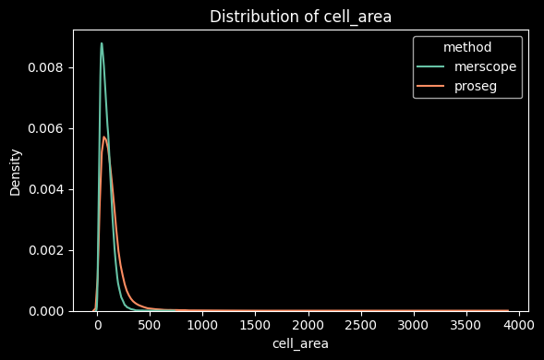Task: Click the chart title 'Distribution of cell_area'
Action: pos(300,17)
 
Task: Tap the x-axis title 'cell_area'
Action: pos(300,343)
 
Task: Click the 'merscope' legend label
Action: pos(485,67)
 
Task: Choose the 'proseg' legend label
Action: pos(476,86)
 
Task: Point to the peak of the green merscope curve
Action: pos(102,43)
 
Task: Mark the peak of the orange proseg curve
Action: pos(104,138)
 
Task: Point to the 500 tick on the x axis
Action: pos(150,326)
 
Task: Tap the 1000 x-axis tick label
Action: pos(202,326)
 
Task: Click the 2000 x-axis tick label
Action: pos(308,326)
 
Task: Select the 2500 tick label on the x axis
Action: pos(360,326)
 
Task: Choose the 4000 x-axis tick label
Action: pos(518,326)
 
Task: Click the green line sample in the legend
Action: pos(432,67)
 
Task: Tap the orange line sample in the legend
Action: pos(432,86)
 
